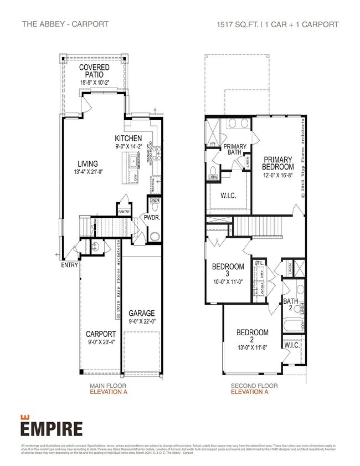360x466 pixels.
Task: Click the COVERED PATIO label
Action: click(x=94, y=71)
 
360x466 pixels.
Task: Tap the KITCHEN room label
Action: click(x=128, y=138)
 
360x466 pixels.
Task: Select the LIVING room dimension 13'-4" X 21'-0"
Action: click(x=88, y=172)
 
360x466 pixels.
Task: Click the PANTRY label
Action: click(x=124, y=211)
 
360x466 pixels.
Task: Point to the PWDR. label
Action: click(x=152, y=218)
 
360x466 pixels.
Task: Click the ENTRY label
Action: click(x=69, y=264)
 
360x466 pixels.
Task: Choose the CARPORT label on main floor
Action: click(x=101, y=334)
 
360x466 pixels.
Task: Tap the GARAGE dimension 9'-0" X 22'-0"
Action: click(x=142, y=321)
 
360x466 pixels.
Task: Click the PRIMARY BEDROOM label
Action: click(x=278, y=163)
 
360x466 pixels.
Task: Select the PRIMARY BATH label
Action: click(x=235, y=150)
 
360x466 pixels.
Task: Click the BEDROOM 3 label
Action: click(x=228, y=270)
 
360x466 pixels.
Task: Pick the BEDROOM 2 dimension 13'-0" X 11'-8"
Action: click(x=253, y=340)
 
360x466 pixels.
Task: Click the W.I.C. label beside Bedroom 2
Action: click(x=291, y=345)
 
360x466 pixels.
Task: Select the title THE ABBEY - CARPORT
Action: click(x=65, y=24)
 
